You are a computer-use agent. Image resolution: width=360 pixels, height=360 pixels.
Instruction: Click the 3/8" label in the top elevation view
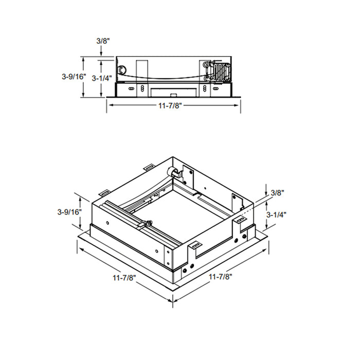tap(102, 41)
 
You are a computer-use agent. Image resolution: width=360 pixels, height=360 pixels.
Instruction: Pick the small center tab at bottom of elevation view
tap(173, 94)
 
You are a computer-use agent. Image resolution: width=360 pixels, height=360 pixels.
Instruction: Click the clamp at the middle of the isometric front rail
tap(147, 224)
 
